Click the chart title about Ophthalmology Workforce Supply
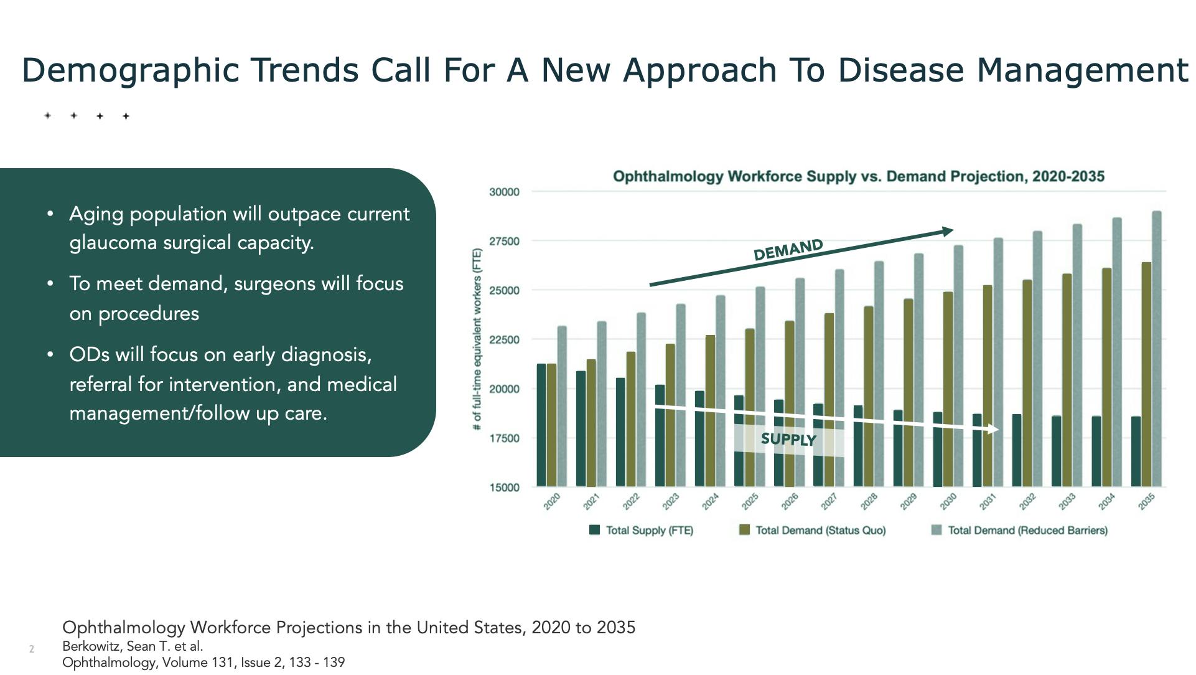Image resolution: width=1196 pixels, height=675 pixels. point(858,177)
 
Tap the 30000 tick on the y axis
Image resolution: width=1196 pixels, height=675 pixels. point(504,192)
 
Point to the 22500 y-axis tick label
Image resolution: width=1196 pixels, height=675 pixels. point(504,340)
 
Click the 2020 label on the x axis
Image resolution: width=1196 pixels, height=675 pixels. point(552,501)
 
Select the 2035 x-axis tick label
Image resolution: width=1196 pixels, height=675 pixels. point(1146,501)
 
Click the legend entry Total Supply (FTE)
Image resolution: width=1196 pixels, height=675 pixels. point(642,531)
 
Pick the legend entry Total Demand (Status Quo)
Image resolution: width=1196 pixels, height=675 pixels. point(813,531)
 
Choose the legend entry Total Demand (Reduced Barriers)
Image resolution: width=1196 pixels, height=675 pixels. point(1020,531)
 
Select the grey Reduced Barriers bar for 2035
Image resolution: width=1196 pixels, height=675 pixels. point(1157,349)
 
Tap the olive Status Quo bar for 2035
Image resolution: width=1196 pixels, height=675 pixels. point(1146,374)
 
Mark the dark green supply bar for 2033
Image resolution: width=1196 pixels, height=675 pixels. point(1056,451)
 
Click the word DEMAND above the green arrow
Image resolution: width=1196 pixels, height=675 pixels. point(788,250)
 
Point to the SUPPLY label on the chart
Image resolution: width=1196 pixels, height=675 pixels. point(788,440)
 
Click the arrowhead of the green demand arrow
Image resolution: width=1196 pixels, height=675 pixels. point(948,232)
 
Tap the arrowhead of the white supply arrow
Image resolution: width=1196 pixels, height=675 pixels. point(994,430)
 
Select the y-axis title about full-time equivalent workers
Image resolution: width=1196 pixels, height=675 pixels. point(477,339)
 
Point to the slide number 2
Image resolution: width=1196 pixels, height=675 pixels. point(32,649)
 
